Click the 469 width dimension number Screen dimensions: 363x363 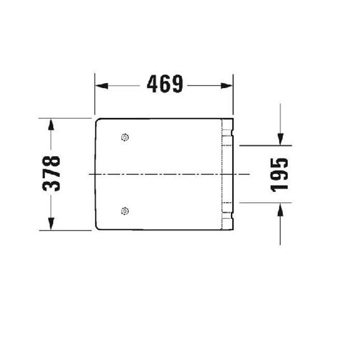coord(164,85)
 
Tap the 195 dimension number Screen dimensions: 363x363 coord(280,174)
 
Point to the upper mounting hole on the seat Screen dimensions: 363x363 coord(124,137)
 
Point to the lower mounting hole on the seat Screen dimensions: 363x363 coord(124,211)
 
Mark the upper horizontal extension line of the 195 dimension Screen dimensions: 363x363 coord(264,145)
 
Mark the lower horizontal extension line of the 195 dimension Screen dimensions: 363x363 coord(264,203)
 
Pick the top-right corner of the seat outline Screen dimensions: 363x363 coord(232,120)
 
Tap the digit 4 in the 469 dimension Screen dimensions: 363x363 coord(152,85)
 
